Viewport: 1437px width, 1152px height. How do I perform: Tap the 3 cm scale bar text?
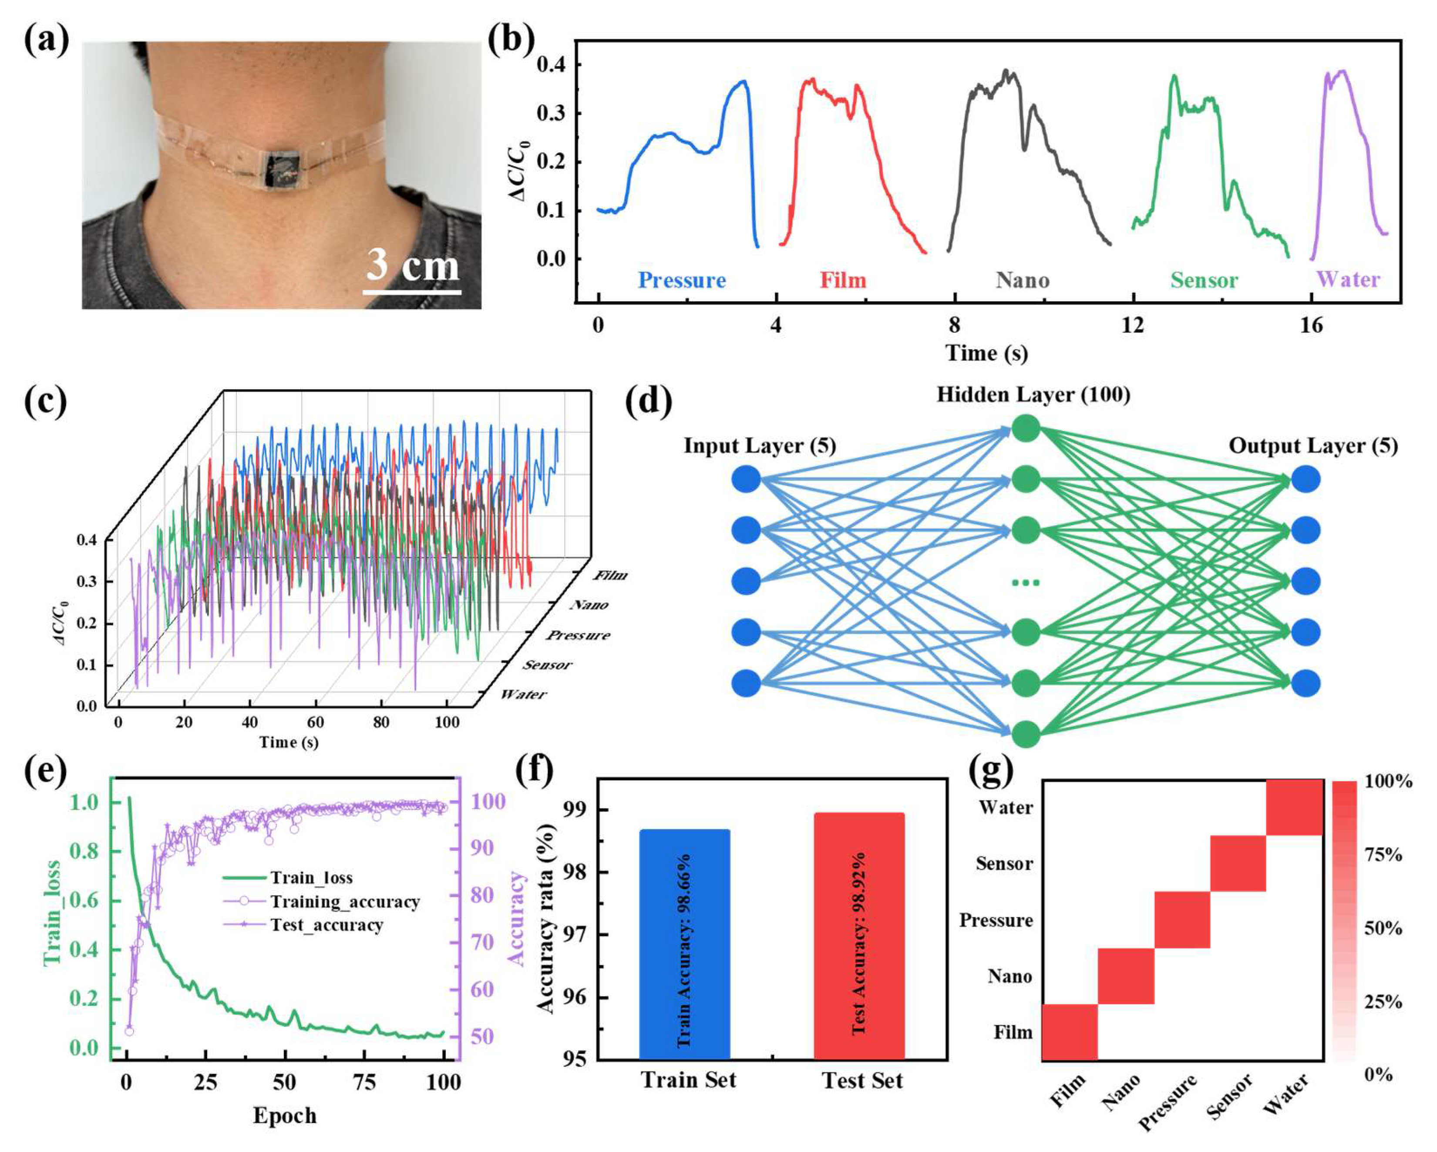click(413, 265)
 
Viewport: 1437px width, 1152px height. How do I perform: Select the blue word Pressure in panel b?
click(681, 280)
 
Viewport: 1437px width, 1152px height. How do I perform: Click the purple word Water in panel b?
click(1348, 280)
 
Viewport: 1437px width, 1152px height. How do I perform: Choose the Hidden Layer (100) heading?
click(1033, 394)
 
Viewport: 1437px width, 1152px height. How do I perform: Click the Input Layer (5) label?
click(759, 446)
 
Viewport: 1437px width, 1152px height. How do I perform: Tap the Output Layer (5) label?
click(1313, 446)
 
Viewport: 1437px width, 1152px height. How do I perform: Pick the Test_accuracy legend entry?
click(326, 925)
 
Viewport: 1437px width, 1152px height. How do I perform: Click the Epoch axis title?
click(285, 1115)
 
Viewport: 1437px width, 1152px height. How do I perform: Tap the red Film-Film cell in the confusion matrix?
click(1069, 1032)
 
